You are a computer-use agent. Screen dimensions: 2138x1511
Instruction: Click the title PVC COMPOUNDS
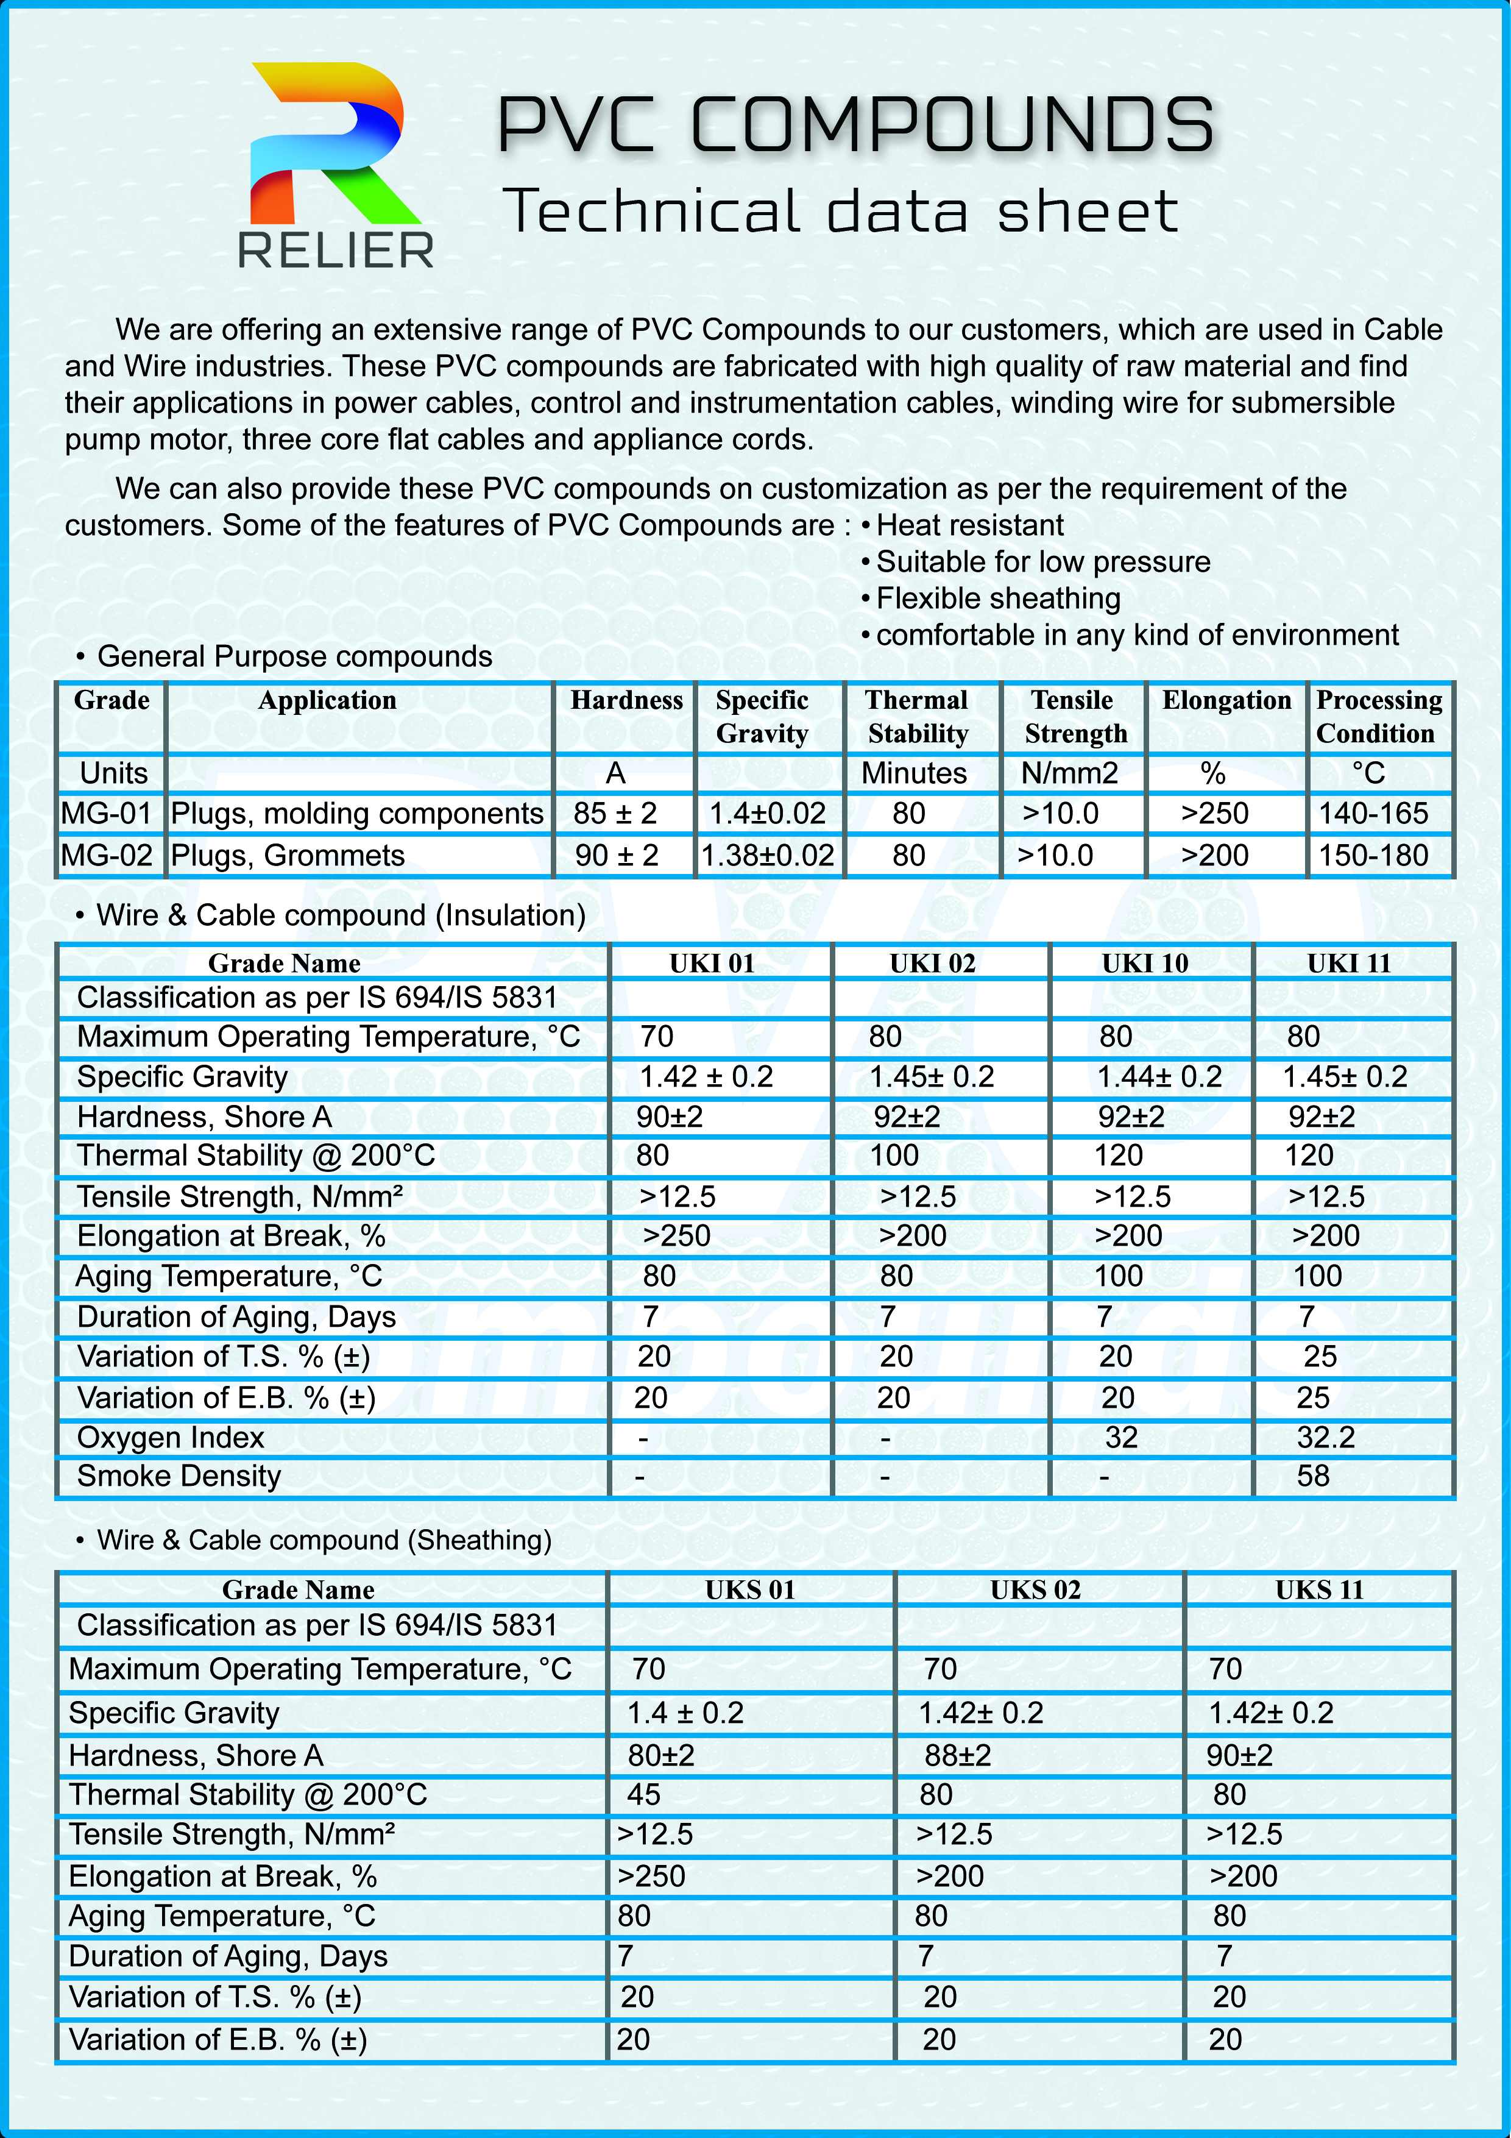(855, 125)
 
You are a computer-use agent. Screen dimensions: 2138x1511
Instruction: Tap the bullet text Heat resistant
(969, 525)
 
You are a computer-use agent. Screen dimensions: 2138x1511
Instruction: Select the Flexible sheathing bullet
(997, 598)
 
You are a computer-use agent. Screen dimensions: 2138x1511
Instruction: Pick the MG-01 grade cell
(106, 814)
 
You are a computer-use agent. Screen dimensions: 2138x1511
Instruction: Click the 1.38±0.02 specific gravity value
(767, 856)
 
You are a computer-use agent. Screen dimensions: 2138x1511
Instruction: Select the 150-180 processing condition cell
(1373, 856)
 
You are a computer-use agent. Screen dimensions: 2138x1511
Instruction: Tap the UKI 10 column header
(1145, 963)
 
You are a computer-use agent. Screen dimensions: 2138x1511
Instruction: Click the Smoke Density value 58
(1313, 1476)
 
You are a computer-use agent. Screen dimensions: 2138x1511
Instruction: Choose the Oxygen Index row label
(171, 1437)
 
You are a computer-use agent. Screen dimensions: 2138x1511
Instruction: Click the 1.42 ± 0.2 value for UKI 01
(706, 1076)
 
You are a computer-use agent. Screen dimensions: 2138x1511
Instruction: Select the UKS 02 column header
(1035, 1589)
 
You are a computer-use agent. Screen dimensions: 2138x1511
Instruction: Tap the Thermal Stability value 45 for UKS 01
(643, 1794)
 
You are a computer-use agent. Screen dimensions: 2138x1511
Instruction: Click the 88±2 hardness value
(957, 1755)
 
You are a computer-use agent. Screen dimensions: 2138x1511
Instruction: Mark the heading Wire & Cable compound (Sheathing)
(324, 1540)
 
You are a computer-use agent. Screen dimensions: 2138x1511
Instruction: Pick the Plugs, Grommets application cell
(288, 856)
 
